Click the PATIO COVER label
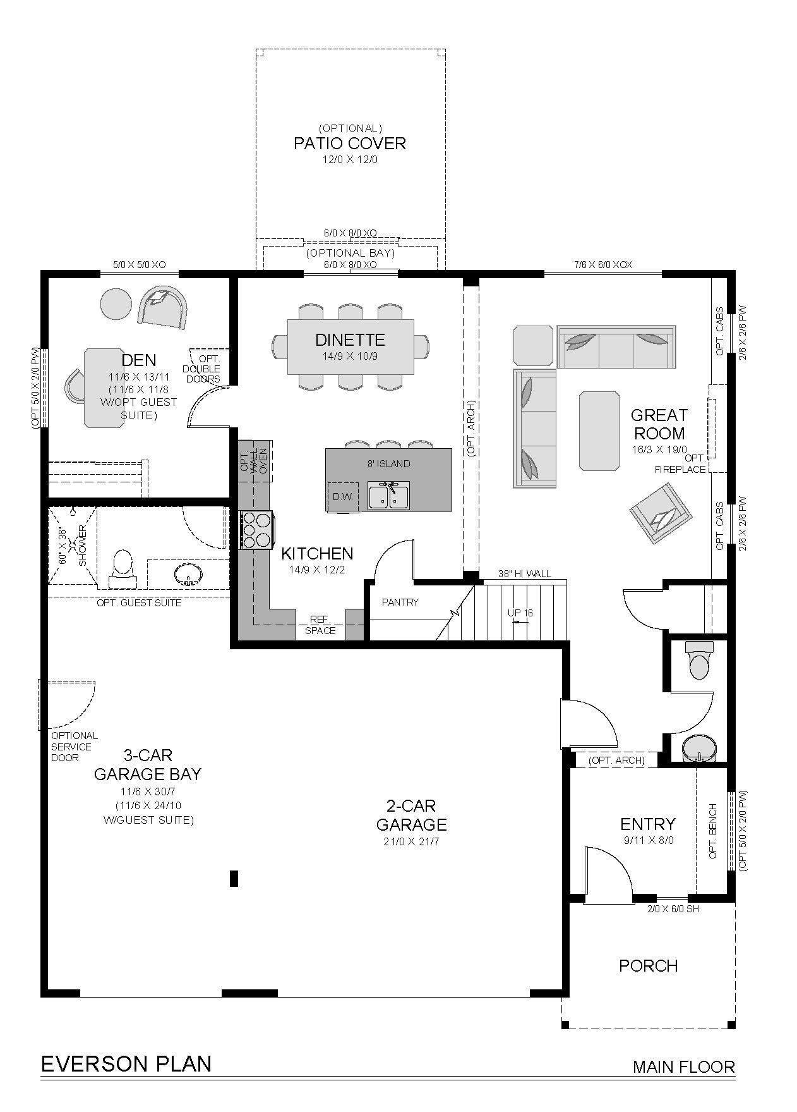click(349, 144)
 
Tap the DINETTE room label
click(350, 340)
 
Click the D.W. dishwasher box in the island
click(342, 497)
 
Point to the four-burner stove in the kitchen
click(257, 529)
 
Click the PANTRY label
click(400, 602)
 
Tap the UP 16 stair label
click(520, 613)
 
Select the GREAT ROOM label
click(659, 424)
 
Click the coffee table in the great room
click(598, 431)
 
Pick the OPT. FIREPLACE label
click(680, 464)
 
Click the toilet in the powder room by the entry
click(699, 659)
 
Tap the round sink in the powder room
click(700, 748)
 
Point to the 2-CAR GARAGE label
click(412, 815)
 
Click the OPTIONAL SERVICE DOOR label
click(75, 747)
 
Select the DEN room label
click(139, 360)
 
